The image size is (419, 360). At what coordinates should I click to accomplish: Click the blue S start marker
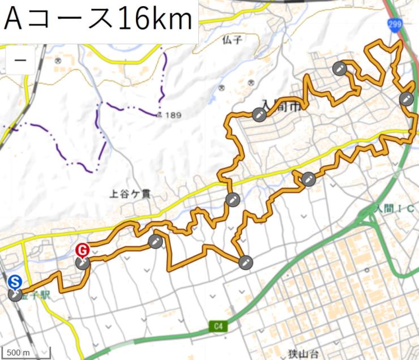pos(15,281)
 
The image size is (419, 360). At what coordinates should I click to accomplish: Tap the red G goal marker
pos(82,250)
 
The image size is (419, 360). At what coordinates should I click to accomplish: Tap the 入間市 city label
pos(279,105)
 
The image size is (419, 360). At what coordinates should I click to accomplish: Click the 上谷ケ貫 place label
pos(130,194)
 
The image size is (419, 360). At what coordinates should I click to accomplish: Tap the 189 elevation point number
pos(173,115)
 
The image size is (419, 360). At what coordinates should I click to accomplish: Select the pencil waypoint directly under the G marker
pos(83,263)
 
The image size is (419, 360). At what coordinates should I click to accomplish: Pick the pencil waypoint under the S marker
pos(15,294)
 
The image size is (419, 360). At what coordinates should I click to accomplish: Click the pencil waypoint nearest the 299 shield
pos(405,99)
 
